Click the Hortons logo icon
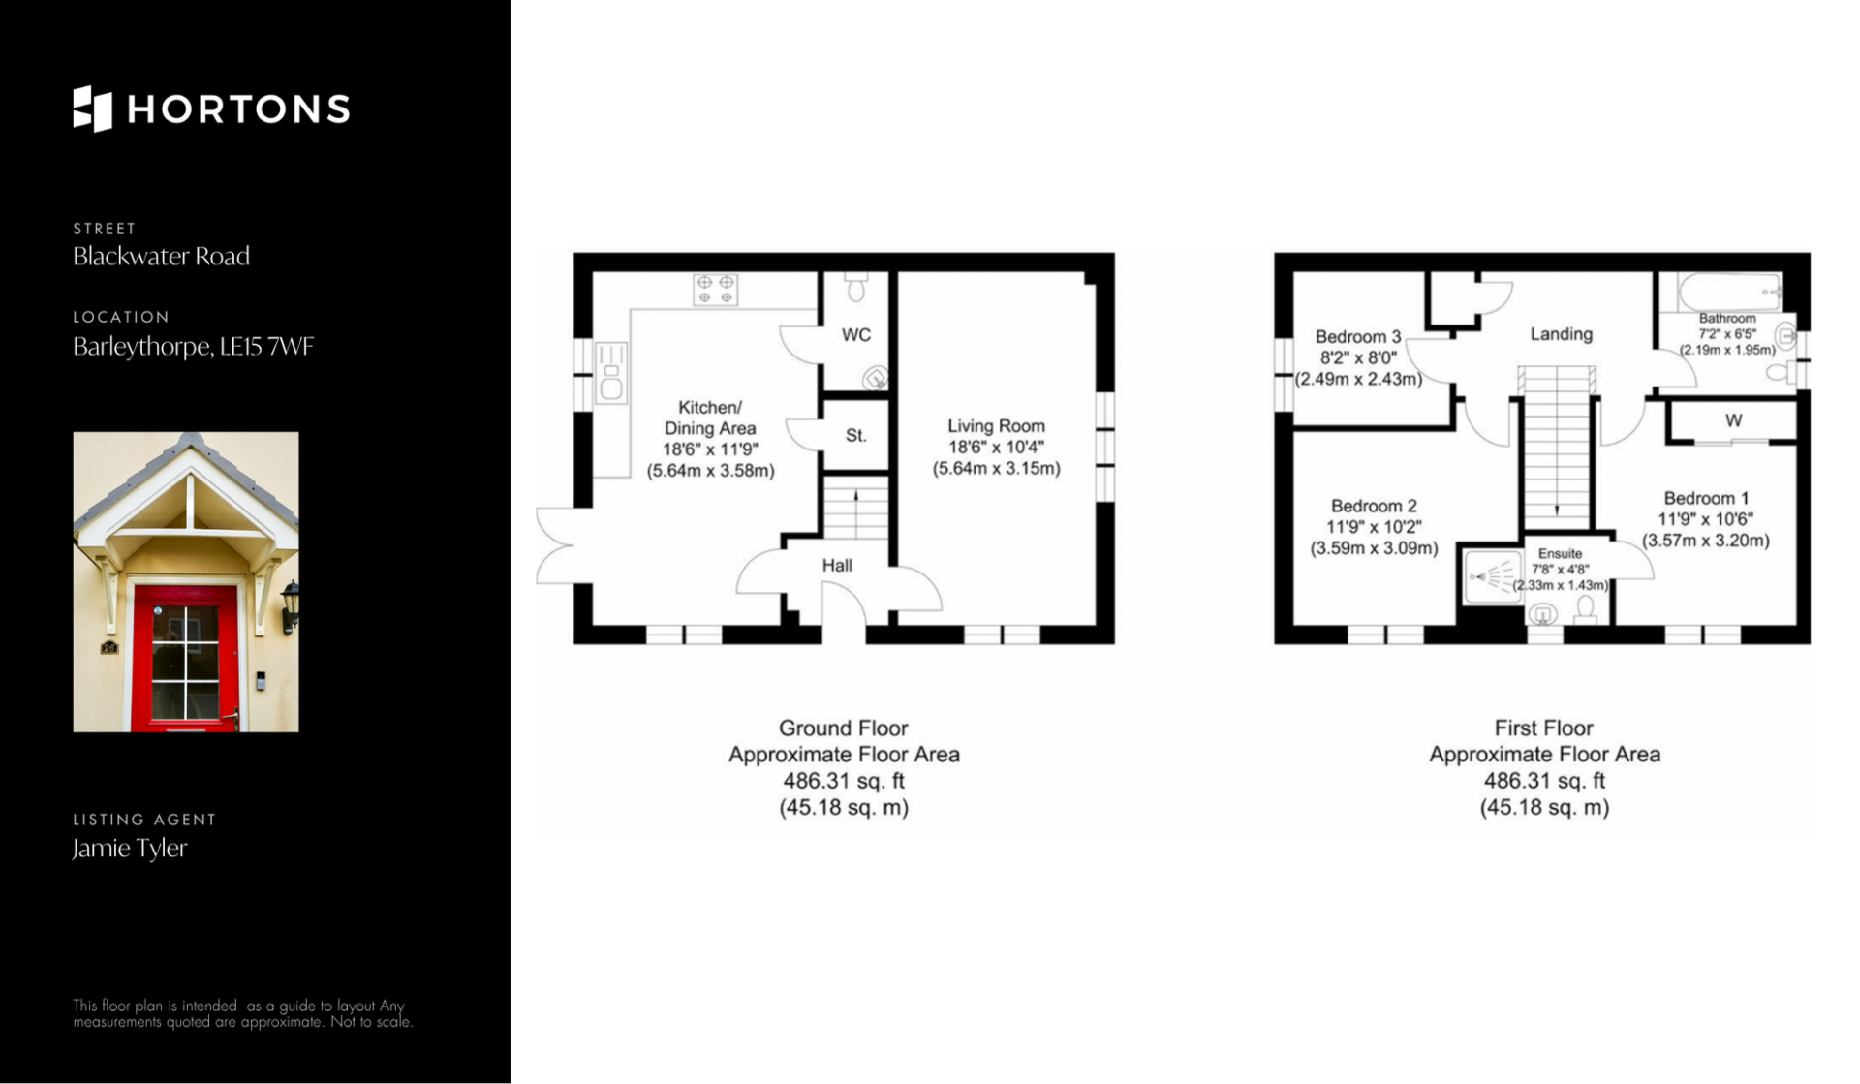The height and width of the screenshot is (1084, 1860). [x=93, y=108]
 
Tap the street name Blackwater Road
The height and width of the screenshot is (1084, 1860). [x=161, y=256]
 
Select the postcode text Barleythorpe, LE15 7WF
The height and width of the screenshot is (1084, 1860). [x=193, y=347]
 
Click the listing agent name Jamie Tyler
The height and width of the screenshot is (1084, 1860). [x=130, y=848]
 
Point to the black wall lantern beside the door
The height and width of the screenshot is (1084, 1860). [x=290, y=606]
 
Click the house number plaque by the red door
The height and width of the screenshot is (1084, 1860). [x=109, y=647]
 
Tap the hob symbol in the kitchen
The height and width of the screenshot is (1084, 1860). [x=716, y=290]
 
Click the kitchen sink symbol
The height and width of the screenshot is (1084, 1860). [x=610, y=372]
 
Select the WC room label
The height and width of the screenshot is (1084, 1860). [x=856, y=335]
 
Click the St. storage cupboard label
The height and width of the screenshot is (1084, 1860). [x=856, y=436]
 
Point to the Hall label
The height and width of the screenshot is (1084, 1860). [x=837, y=565]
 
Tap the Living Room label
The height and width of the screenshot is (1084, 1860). [x=996, y=426]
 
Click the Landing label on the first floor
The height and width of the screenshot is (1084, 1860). [x=1561, y=334]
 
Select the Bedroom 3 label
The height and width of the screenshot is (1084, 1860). [x=1358, y=337]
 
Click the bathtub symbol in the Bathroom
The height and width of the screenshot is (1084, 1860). [x=1730, y=291]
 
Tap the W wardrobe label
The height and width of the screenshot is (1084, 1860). [x=1733, y=420]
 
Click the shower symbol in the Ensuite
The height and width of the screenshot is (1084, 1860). [x=1493, y=577]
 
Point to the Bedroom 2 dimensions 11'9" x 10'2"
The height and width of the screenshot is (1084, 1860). [x=1374, y=527]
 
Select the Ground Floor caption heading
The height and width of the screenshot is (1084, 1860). [x=843, y=728]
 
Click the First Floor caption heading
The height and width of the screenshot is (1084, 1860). [x=1543, y=728]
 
